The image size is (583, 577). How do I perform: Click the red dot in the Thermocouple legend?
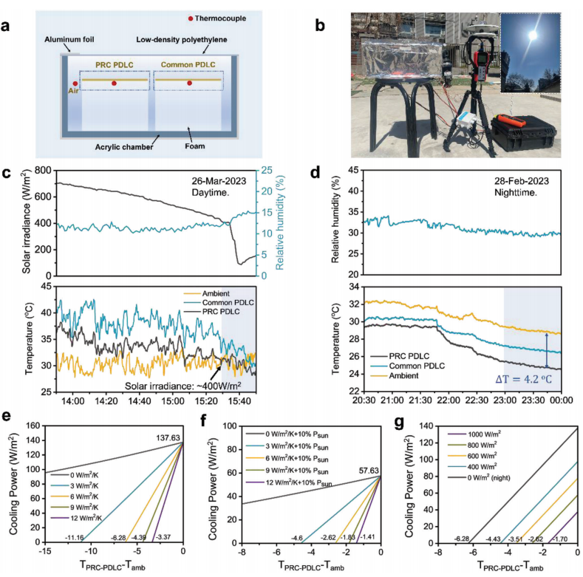(x=191, y=17)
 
